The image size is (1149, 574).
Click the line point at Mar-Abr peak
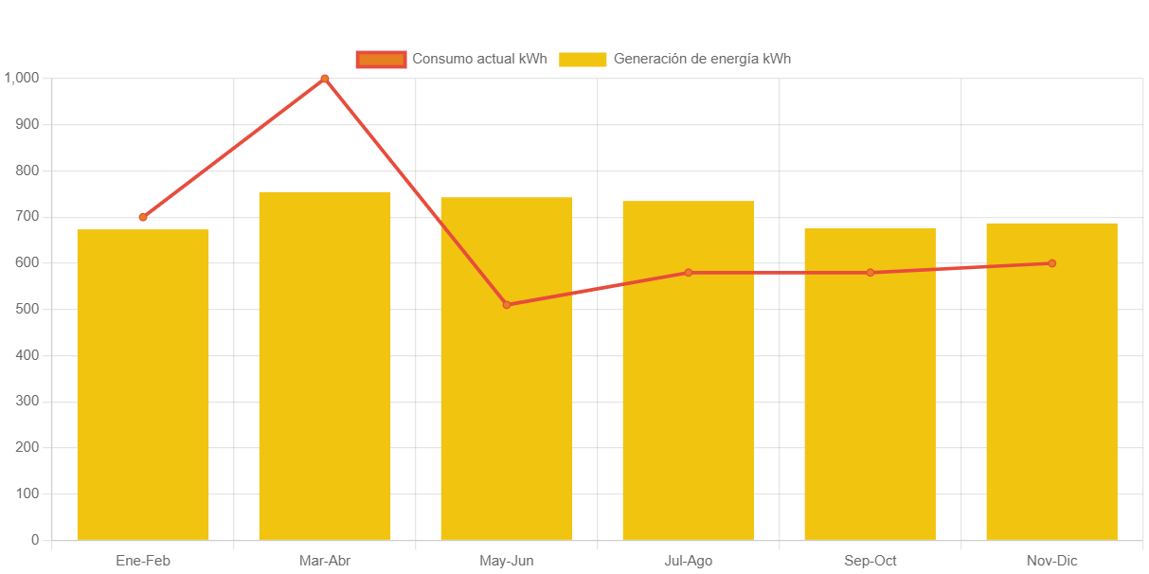(325, 79)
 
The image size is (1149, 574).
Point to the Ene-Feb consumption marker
(143, 217)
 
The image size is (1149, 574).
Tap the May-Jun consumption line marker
(507, 304)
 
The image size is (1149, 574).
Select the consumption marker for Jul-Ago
(689, 273)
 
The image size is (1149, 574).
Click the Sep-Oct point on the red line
(870, 273)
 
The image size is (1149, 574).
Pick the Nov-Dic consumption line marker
(1051, 263)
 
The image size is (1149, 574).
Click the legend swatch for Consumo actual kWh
(381, 59)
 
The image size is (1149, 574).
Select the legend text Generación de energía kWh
(702, 59)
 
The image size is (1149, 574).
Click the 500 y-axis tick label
(27, 309)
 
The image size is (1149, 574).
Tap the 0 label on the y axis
(35, 540)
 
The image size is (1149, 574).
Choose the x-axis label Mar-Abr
(325, 561)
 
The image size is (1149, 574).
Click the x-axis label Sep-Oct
(870, 561)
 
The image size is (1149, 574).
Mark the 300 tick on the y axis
(27, 402)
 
